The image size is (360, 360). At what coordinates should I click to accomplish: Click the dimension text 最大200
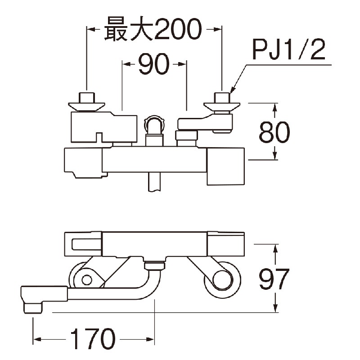tap(152, 30)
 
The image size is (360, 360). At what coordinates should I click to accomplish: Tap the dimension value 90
tap(153, 65)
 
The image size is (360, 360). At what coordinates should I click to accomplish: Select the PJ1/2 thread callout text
tap(288, 51)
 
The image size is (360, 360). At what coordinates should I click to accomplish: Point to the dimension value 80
tap(274, 131)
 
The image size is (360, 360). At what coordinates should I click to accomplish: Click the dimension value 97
tap(275, 279)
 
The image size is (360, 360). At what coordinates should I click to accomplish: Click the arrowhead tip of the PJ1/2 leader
tap(230, 92)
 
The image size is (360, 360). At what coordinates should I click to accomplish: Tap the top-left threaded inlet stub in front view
tap(86, 97)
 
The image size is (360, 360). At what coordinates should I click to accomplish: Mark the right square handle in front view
tap(225, 166)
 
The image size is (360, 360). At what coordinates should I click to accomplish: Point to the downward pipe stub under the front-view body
tap(154, 182)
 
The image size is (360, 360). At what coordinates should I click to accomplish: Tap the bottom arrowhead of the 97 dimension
tap(275, 310)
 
